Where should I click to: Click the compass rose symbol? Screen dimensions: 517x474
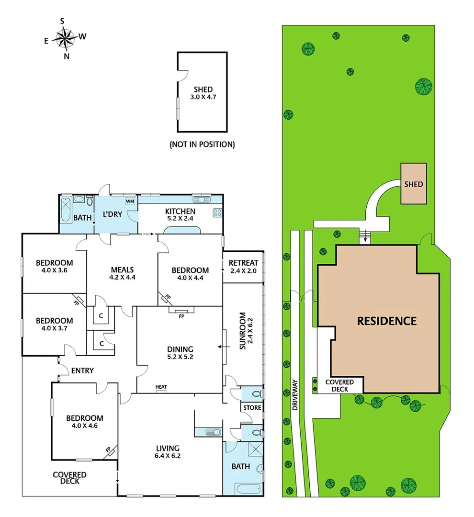66,38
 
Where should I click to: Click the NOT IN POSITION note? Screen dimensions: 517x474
202,144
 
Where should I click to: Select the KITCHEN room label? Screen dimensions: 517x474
180,215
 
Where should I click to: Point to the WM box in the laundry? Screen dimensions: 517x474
130,202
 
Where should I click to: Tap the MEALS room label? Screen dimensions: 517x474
122,273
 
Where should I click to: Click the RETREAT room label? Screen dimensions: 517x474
243,267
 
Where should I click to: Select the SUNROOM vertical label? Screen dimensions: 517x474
243,330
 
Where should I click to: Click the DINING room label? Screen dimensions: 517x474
180,353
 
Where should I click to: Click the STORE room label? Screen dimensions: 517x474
252,408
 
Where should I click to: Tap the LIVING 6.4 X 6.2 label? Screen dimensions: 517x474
168,452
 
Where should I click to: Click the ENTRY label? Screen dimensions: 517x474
82,371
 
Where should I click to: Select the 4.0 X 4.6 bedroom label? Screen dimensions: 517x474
84,422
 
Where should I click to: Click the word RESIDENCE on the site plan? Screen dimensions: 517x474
387,321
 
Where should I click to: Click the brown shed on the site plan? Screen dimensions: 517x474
413,184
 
